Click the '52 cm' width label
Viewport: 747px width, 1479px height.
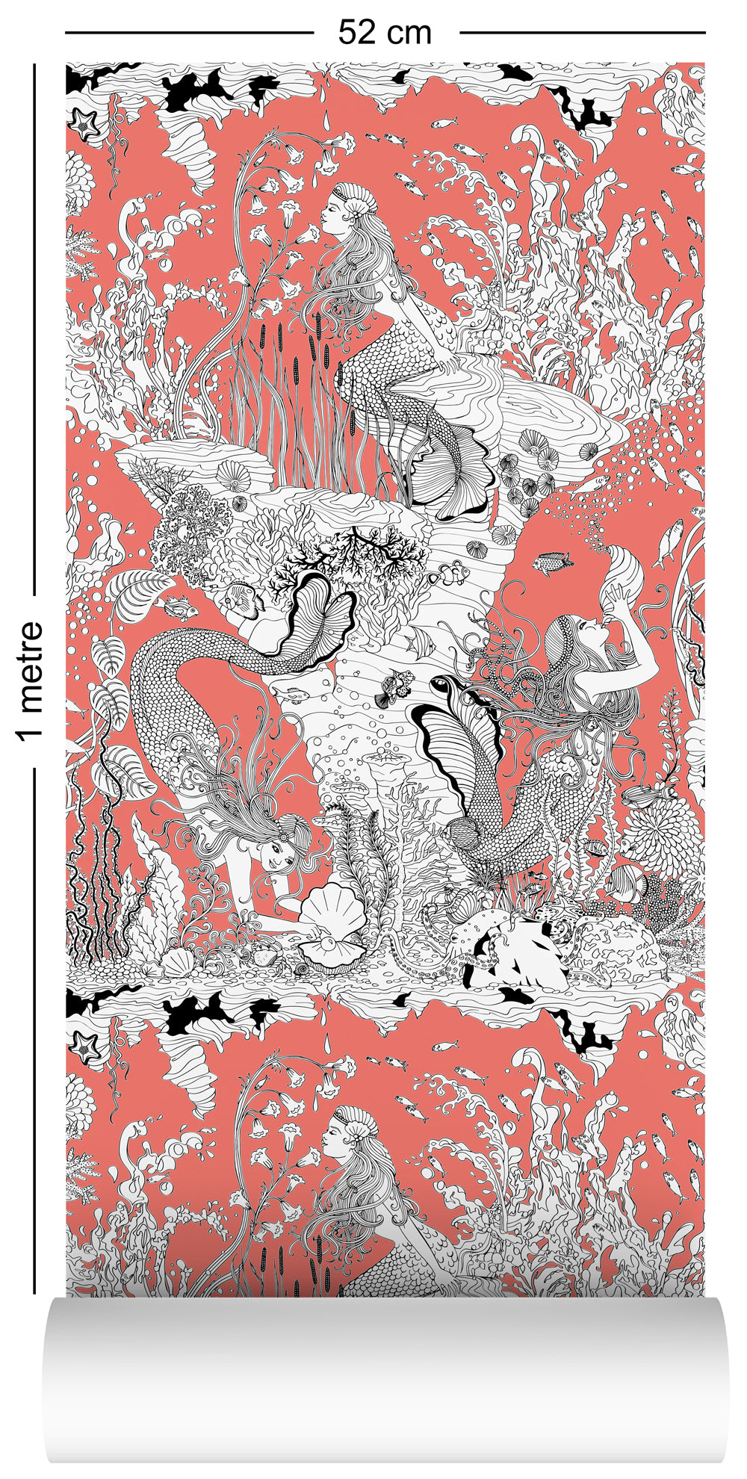(385, 32)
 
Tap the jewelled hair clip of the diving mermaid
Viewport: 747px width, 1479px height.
(288, 825)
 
